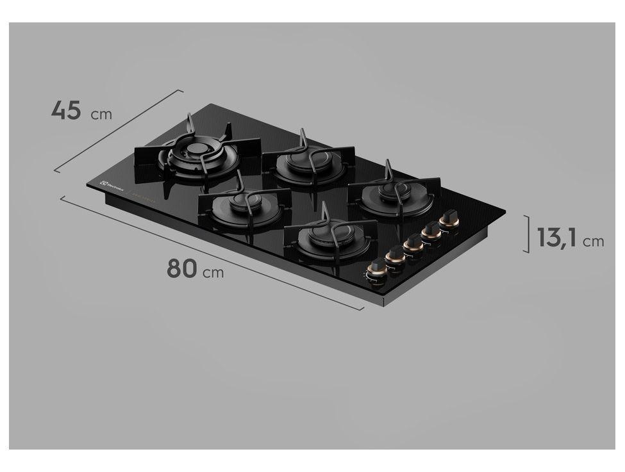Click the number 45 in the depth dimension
pyautogui.click(x=66, y=110)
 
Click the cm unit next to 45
pyautogui.click(x=101, y=115)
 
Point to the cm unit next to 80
pyautogui.click(x=213, y=273)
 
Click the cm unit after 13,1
pyautogui.click(x=594, y=241)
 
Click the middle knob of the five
pyautogui.click(x=413, y=243)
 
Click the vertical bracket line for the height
pyautogui.click(x=528, y=234)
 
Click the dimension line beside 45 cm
pyautogui.click(x=119, y=131)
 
